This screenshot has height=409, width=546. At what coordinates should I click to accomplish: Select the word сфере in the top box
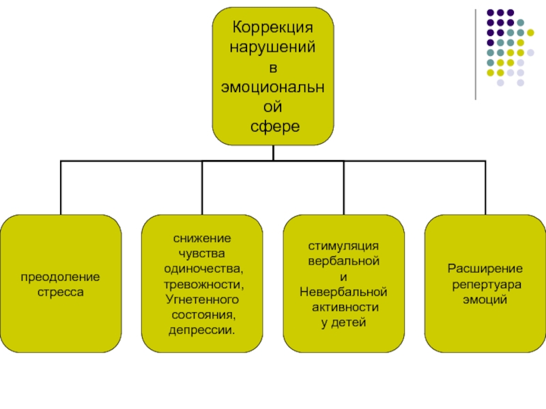tap(273, 127)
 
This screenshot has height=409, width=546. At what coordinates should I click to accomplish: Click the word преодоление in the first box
tap(60, 277)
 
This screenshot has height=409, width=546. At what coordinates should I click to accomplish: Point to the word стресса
tap(60, 291)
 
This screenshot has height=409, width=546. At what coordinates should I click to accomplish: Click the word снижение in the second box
tap(201, 239)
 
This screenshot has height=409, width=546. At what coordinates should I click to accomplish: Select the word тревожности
tap(202, 284)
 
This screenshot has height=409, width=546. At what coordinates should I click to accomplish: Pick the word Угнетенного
tap(201, 299)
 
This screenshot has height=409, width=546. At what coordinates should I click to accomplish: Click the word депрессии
tap(201, 330)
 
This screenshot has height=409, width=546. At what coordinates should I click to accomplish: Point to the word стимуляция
tap(343, 246)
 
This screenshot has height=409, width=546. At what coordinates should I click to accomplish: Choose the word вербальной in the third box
tap(343, 261)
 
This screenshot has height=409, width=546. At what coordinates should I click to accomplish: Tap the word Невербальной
tap(343, 292)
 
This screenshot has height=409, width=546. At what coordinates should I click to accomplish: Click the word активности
tap(343, 307)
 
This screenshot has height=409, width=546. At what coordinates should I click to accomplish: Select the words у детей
tap(343, 322)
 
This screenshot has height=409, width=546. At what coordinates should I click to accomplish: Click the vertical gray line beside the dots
tap(476, 55)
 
